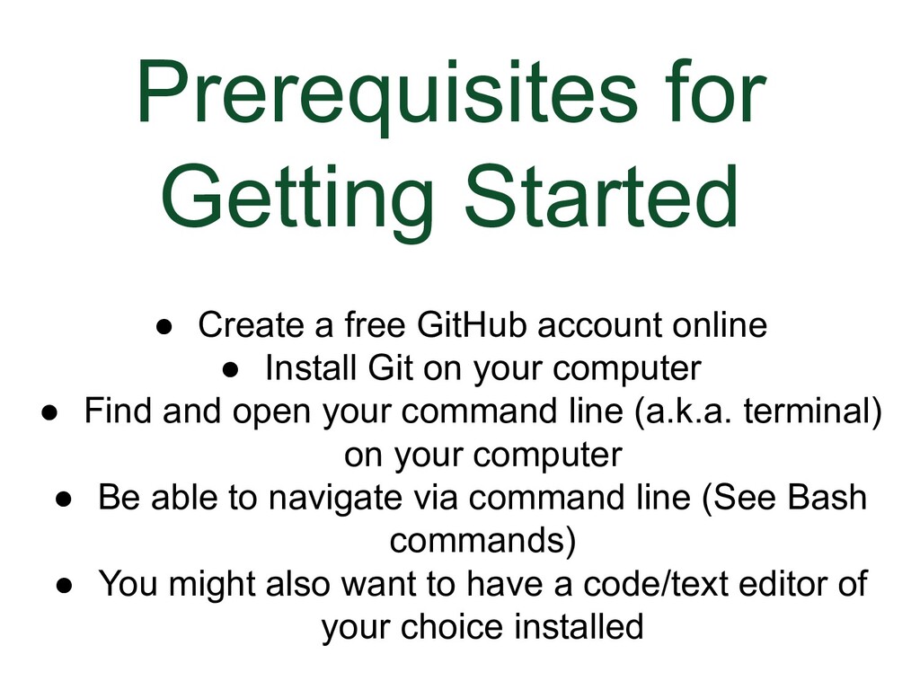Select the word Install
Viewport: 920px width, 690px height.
pyautogui.click(x=310, y=368)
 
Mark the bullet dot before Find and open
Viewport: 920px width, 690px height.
pyautogui.click(x=51, y=412)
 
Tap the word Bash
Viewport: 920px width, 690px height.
pyautogui.click(x=827, y=498)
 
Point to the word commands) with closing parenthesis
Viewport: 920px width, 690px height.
pyautogui.click(x=482, y=541)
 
